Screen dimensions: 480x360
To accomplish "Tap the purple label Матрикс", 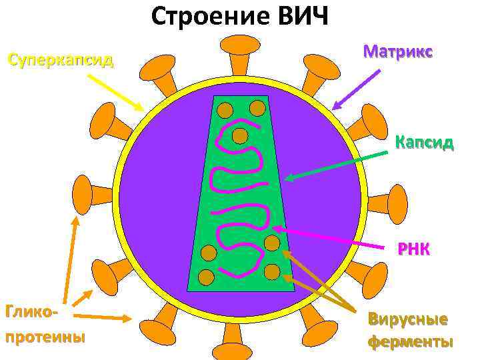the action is point(399,51).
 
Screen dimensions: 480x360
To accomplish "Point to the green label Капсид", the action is point(424,142).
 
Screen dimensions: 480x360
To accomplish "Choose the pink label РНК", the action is point(413,249).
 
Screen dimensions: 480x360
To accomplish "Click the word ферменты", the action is point(410,341).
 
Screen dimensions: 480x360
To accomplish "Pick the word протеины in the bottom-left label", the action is point(45,335).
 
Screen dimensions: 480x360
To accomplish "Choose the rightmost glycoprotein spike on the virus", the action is point(397,201).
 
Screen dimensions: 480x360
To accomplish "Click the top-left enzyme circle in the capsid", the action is point(225,109).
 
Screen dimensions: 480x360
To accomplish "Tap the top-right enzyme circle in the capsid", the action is point(257,107).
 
